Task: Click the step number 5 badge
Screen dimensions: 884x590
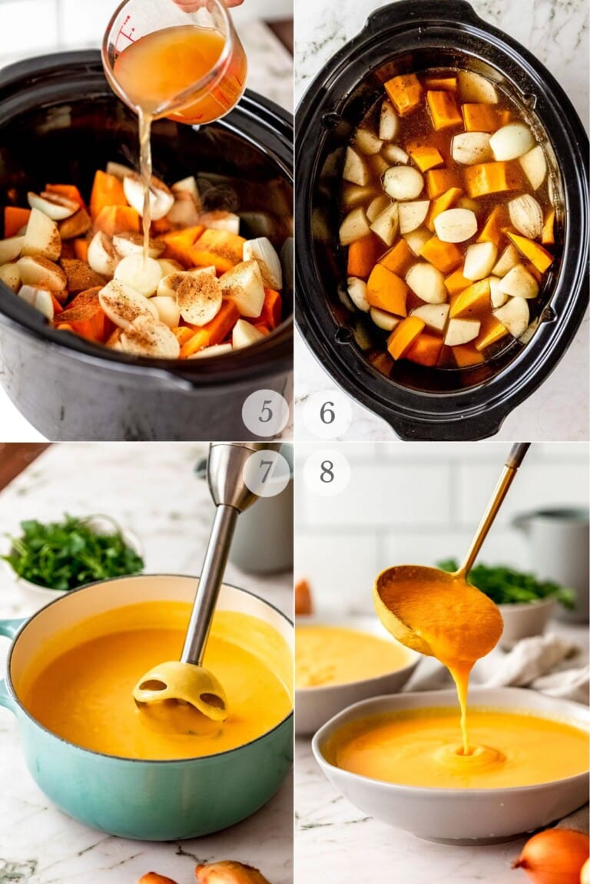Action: (x=265, y=413)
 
